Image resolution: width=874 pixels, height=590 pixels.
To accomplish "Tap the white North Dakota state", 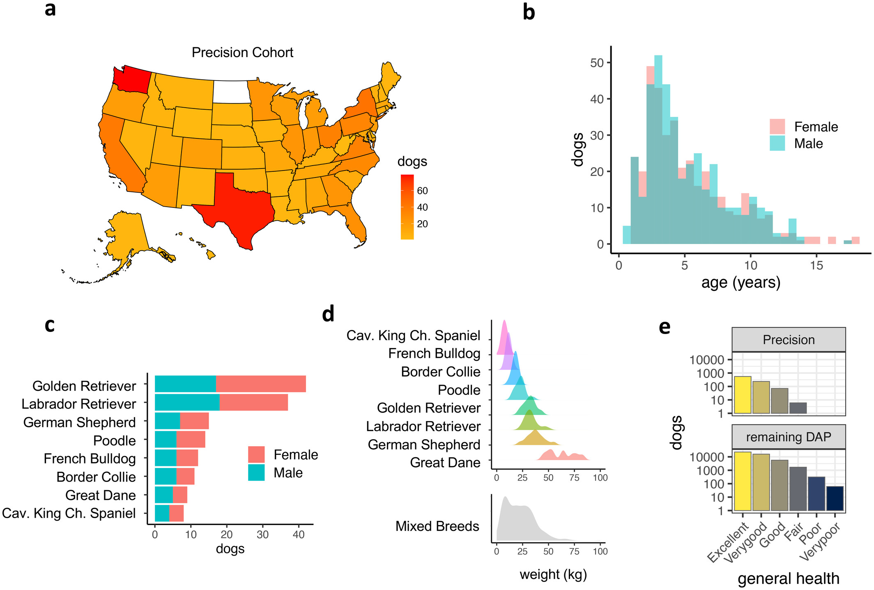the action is pyautogui.click(x=231, y=92).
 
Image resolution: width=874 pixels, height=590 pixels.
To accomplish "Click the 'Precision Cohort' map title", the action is pyautogui.click(x=242, y=53).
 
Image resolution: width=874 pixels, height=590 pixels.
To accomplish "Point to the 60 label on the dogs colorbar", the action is pyautogui.click(x=422, y=191).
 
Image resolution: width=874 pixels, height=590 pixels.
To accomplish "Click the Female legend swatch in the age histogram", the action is pyautogui.click(x=777, y=127).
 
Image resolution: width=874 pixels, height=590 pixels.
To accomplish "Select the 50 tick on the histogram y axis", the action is pyautogui.click(x=597, y=63).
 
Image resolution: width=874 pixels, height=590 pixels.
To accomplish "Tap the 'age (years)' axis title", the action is pyautogui.click(x=741, y=283).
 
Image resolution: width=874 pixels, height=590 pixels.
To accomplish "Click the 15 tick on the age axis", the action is pyautogui.click(x=816, y=265).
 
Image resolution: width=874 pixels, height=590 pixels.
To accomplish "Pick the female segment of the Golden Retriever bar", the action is pyautogui.click(x=261, y=384).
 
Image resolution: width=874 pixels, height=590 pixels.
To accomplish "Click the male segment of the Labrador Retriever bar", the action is pyautogui.click(x=187, y=402).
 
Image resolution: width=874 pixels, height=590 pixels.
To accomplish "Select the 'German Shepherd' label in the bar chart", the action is pyautogui.click(x=79, y=422).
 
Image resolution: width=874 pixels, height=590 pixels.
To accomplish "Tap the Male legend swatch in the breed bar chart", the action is pyautogui.click(x=256, y=472).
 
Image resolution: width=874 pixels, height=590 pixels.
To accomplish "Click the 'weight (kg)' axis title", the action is pyautogui.click(x=553, y=574).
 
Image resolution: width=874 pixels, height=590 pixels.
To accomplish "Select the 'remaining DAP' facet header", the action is pyautogui.click(x=789, y=437).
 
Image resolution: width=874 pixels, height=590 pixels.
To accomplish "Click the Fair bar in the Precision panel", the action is pyautogui.click(x=798, y=408).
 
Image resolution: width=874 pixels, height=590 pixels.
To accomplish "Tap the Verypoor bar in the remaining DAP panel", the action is pyautogui.click(x=835, y=499).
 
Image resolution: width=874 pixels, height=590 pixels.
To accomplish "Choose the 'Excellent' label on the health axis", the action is pyautogui.click(x=728, y=542).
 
